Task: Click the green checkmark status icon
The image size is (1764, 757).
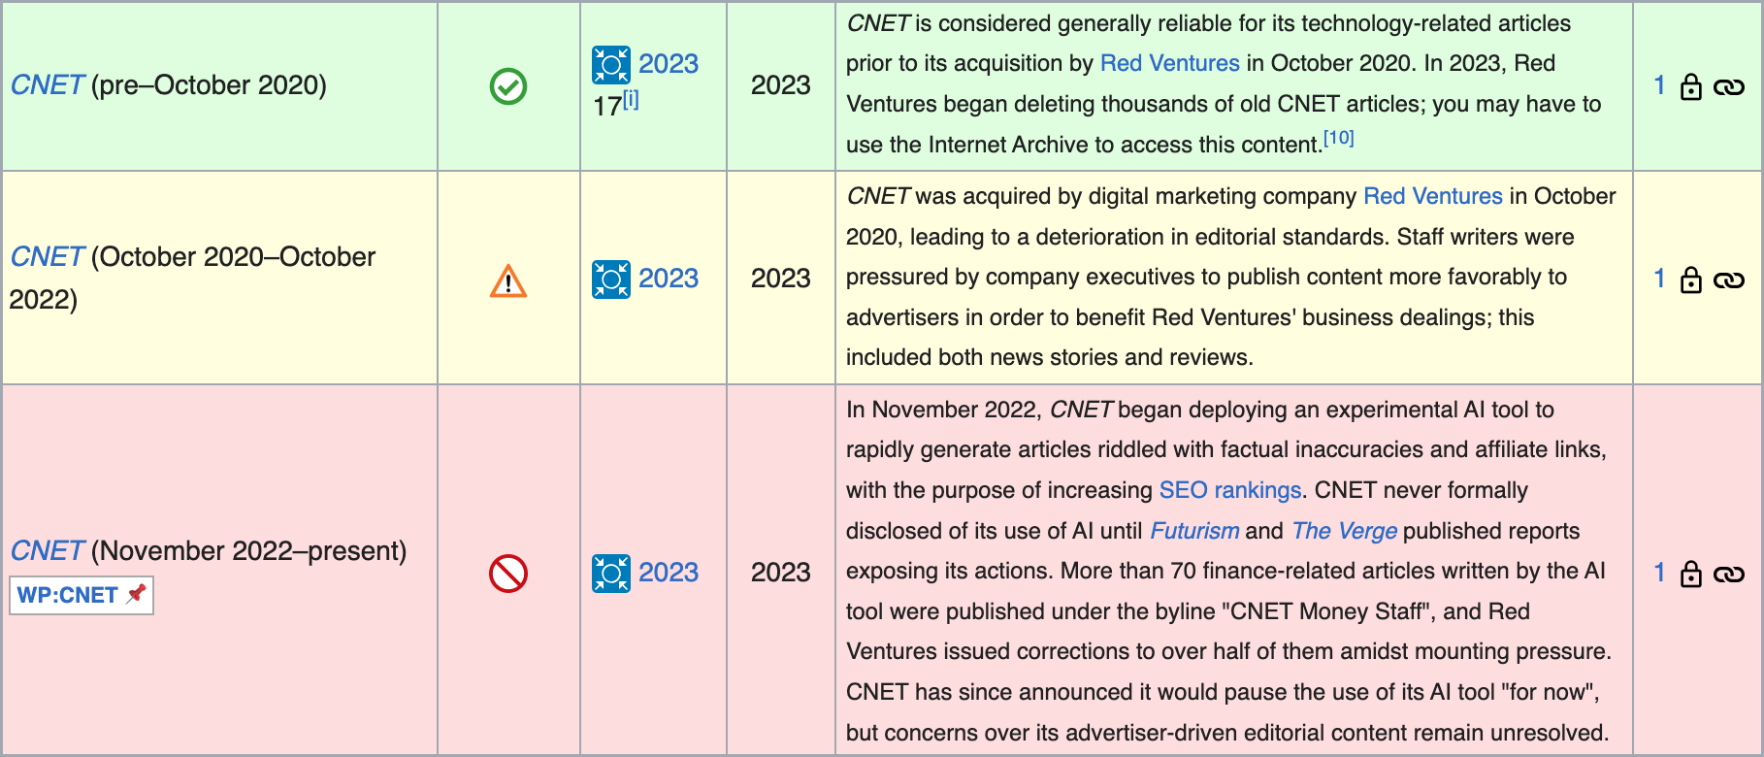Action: pyautogui.click(x=508, y=86)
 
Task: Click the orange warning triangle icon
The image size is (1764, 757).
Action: pyautogui.click(x=508, y=281)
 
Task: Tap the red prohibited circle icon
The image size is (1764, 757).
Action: pyautogui.click(x=508, y=574)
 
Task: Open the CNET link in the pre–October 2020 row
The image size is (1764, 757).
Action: pyautogui.click(x=47, y=85)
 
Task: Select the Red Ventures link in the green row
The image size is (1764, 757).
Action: pyautogui.click(x=1169, y=63)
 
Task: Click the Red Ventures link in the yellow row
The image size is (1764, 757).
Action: pyautogui.click(x=1432, y=196)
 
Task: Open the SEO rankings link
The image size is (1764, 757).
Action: pyautogui.click(x=1229, y=490)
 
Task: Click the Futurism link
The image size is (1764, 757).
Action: pyautogui.click(x=1194, y=531)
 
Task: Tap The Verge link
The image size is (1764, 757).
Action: pyautogui.click(x=1344, y=531)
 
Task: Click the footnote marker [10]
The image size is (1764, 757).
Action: pyautogui.click(x=1339, y=138)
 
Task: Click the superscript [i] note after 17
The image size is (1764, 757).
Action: pyautogui.click(x=631, y=99)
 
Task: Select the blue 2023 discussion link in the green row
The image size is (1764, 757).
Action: pyautogui.click(x=669, y=64)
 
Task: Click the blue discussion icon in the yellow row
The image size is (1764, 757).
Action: pyautogui.click(x=611, y=280)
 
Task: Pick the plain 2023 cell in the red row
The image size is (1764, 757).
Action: pyautogui.click(x=780, y=573)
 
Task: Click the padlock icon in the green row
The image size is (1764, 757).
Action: pyautogui.click(x=1691, y=86)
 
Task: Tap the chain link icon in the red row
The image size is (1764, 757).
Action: pyautogui.click(x=1729, y=574)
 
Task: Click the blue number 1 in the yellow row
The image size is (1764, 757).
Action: pyautogui.click(x=1659, y=280)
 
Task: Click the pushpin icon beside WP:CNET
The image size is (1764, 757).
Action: pyautogui.click(x=137, y=593)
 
